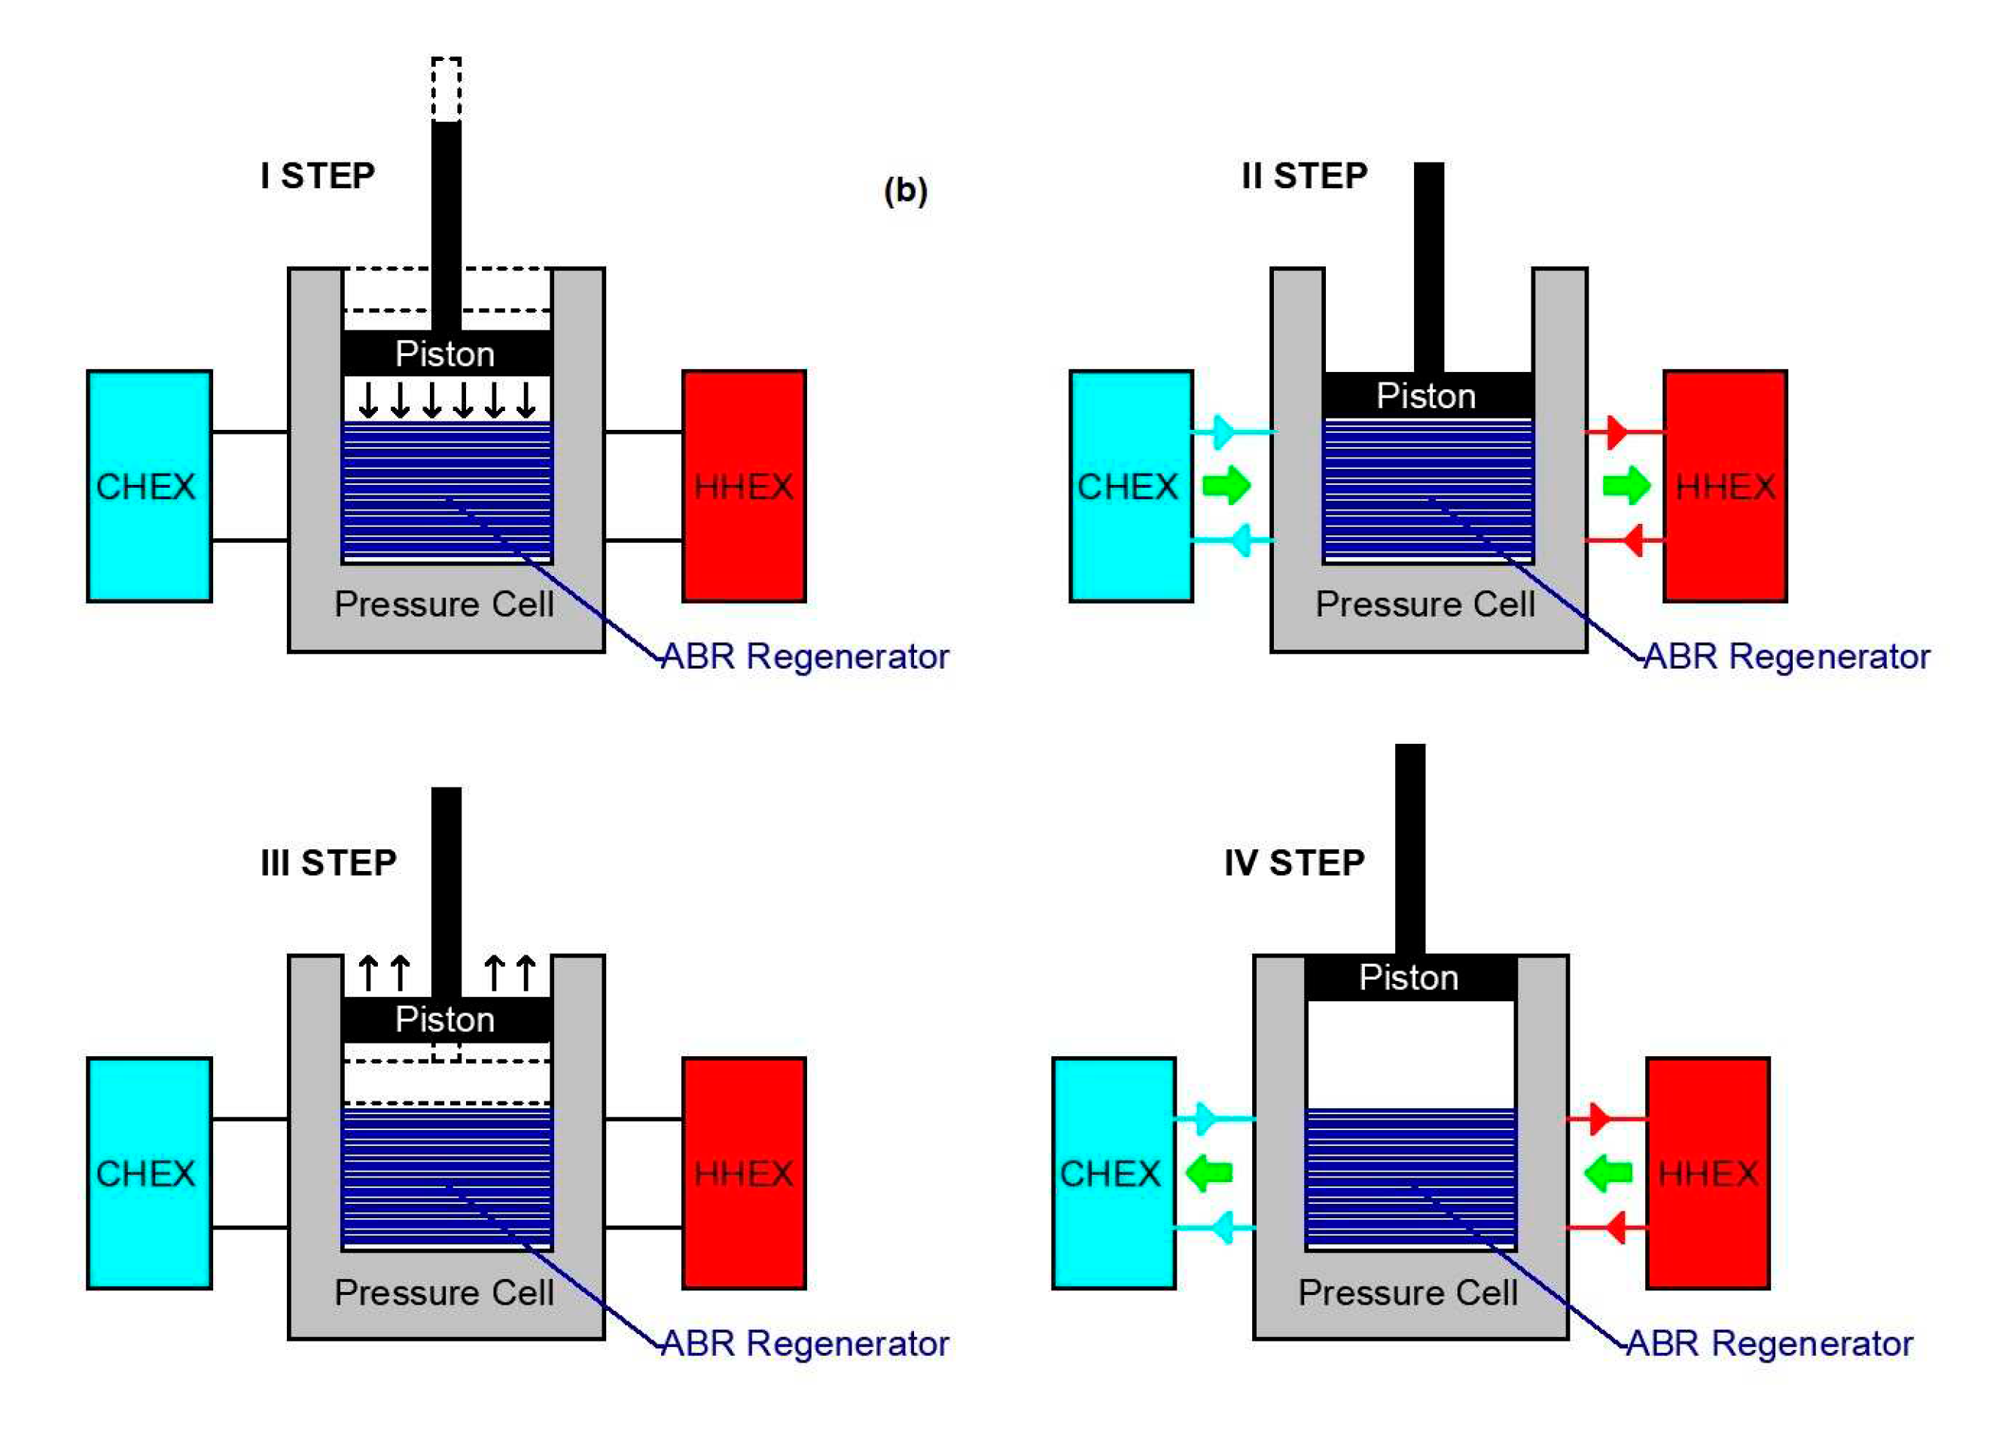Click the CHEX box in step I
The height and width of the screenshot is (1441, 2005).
pyautogui.click(x=149, y=486)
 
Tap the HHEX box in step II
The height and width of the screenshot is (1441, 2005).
pyautogui.click(x=1725, y=486)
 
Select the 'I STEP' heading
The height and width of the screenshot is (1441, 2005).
pyautogui.click(x=318, y=176)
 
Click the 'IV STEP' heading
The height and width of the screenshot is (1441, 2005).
pyautogui.click(x=1294, y=863)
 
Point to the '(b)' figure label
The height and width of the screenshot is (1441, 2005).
pyautogui.click(x=905, y=191)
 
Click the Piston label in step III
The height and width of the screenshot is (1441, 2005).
pyautogui.click(x=445, y=1019)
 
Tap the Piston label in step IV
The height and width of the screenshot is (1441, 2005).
pyautogui.click(x=1408, y=977)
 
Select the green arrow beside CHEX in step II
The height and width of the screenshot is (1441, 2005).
pyautogui.click(x=1227, y=486)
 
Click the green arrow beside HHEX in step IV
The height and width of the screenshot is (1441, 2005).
pyautogui.click(x=1608, y=1173)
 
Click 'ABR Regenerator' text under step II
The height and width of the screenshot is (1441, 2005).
pyautogui.click(x=1787, y=657)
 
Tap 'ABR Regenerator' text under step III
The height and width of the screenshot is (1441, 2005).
pyautogui.click(x=804, y=1344)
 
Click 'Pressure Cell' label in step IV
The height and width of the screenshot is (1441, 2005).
pyautogui.click(x=1407, y=1293)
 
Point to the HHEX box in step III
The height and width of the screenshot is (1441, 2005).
pyautogui.click(x=743, y=1173)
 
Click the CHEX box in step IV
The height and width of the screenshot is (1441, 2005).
pyautogui.click(x=1114, y=1173)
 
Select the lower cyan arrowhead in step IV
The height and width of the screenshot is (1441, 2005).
pyautogui.click(x=1222, y=1227)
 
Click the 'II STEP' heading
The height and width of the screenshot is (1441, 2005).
pyautogui.click(x=1304, y=176)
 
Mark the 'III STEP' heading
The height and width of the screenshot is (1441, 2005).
pyautogui.click(x=328, y=863)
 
